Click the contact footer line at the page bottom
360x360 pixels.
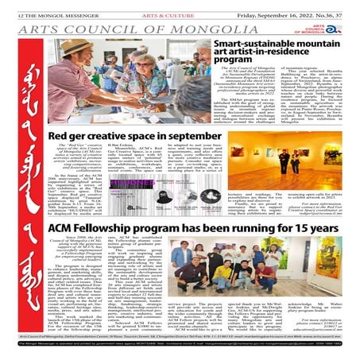pyautogui.click(x=180, y=346)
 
